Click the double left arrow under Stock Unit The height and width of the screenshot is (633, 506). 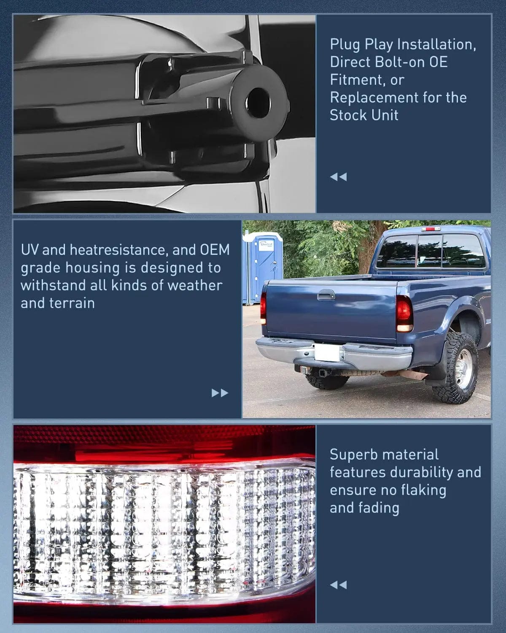[x=338, y=177]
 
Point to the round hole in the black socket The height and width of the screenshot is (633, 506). [x=258, y=102]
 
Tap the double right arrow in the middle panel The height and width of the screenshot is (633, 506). [x=220, y=393]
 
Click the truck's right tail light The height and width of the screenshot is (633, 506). [x=404, y=314]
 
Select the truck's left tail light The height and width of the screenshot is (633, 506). [x=264, y=308]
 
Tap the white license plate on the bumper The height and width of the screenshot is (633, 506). [x=326, y=352]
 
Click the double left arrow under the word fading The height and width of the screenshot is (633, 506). [x=338, y=585]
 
